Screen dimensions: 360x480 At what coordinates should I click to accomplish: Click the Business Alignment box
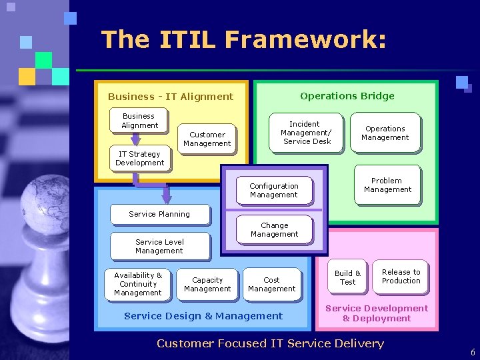[x=139, y=121]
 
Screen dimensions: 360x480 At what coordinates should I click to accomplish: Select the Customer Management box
[x=207, y=139]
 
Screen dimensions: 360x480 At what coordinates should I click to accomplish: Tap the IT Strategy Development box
[x=139, y=159]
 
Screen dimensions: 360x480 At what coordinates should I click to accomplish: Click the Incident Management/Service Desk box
[x=307, y=133]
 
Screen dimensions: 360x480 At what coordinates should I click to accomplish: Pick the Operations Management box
[x=385, y=133]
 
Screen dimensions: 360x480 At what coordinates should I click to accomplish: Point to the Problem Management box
[x=387, y=185]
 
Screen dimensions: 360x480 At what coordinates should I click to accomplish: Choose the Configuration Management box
[x=273, y=191]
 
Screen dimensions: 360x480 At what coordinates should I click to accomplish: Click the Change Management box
[x=275, y=230]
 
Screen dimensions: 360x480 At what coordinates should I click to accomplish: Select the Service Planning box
[x=159, y=214]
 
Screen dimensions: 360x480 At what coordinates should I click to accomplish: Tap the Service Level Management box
[x=159, y=246]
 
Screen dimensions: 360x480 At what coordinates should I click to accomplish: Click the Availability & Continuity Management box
[x=138, y=284]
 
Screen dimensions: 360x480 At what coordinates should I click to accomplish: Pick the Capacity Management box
[x=207, y=285]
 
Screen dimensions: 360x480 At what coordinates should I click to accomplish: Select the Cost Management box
[x=271, y=285]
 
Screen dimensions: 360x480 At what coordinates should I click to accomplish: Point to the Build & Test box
[x=347, y=277]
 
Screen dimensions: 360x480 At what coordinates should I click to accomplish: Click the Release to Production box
[x=401, y=277]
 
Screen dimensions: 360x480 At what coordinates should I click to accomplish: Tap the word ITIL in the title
[x=188, y=40]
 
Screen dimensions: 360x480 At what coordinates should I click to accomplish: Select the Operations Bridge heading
[x=347, y=96]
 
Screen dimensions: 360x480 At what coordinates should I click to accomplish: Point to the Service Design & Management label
[x=203, y=316]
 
